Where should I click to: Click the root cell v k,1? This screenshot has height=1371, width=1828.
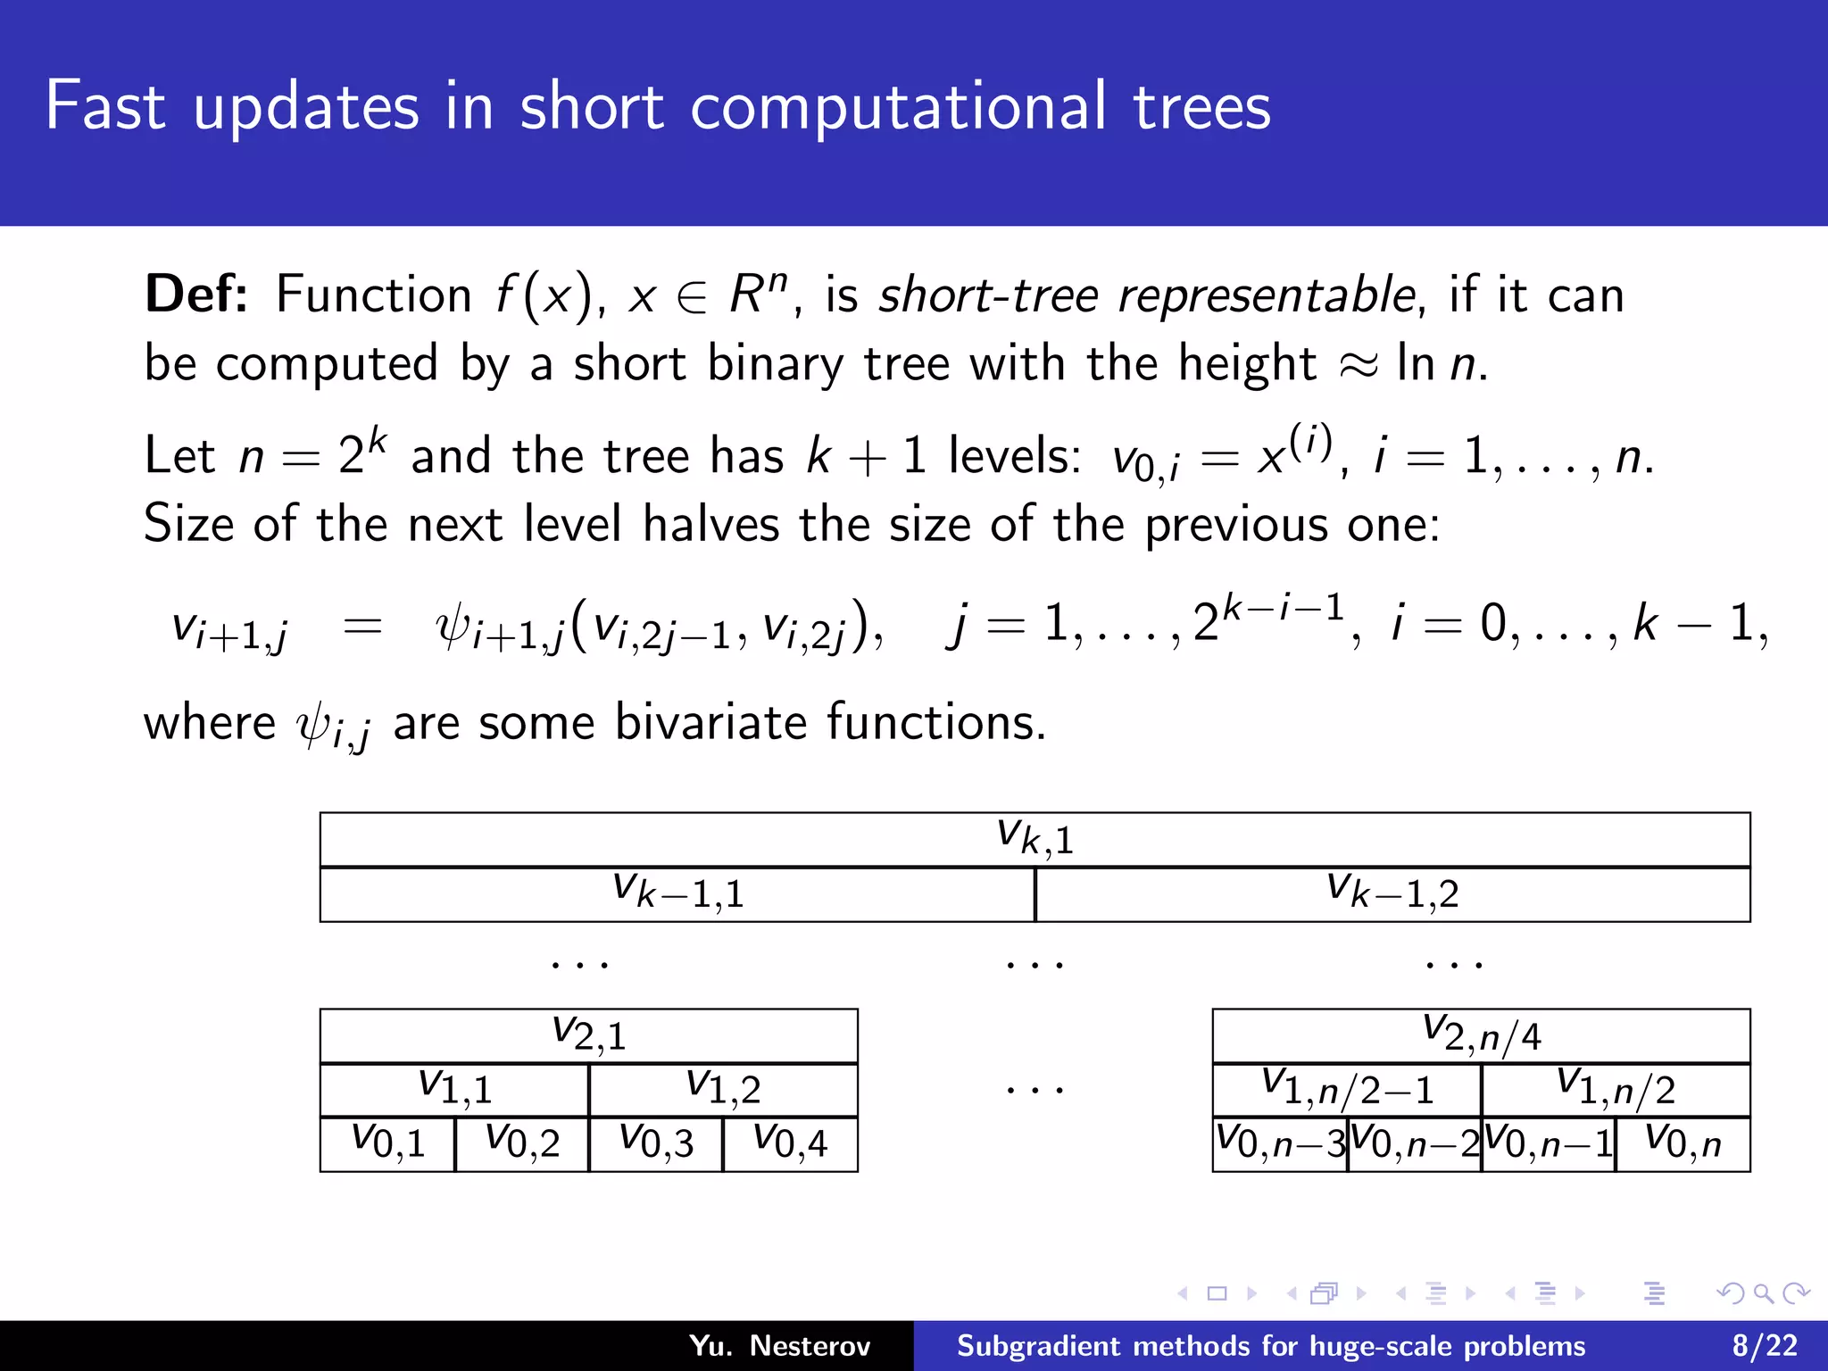click(x=1034, y=839)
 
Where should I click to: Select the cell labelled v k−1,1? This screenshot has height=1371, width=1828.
click(x=677, y=893)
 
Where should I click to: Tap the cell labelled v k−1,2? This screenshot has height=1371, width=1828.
click(x=1392, y=893)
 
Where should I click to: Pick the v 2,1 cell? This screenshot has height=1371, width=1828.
click(x=588, y=1035)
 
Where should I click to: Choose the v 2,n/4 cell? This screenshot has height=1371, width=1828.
click(x=1481, y=1035)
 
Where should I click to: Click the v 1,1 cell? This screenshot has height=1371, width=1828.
click(x=454, y=1089)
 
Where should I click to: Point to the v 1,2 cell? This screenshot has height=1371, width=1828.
click(x=723, y=1089)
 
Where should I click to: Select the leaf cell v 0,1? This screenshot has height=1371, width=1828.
click(x=387, y=1143)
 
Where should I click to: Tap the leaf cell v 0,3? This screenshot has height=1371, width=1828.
click(x=656, y=1143)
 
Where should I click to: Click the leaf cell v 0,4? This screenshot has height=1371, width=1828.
click(x=790, y=1143)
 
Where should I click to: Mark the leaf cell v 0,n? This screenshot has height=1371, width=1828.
click(x=1683, y=1143)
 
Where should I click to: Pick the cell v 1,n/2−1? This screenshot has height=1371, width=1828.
click(x=1347, y=1089)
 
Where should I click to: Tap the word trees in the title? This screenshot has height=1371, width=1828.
click(x=1201, y=107)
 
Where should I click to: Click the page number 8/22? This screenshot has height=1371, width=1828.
click(x=1765, y=1345)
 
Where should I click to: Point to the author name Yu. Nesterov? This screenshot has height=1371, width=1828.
click(x=779, y=1345)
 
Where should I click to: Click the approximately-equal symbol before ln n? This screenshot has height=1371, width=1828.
click(x=1359, y=365)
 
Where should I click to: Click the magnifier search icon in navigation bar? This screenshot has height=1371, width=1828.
click(x=1763, y=1293)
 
